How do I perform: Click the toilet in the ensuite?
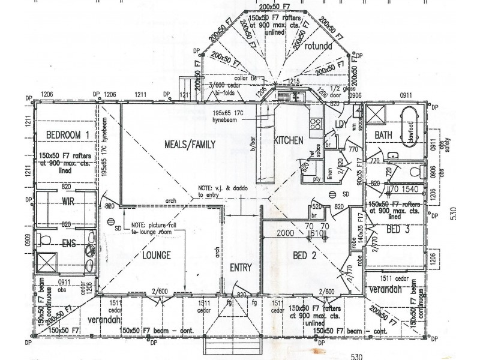pos(44,241)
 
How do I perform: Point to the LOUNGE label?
pos(157,256)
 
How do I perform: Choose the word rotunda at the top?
pos(318,46)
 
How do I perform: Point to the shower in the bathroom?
pos(377,114)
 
